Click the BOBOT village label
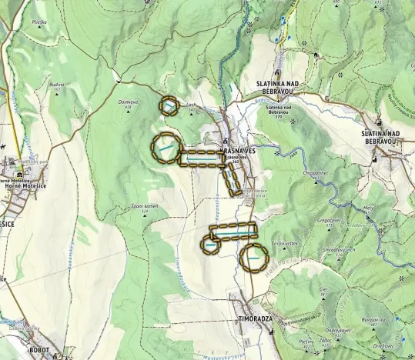pos(38,349)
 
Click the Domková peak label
pos(128,102)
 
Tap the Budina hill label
pos(57,85)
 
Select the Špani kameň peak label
pos(144,206)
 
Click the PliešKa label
pos(39,22)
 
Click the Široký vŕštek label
pos(284,243)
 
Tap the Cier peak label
pos(324,288)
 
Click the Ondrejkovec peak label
pos(337,309)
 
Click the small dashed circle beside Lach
pos(169,105)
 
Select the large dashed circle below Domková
pos(166,147)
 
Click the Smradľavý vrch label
pos(338,250)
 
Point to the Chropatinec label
pos(316,173)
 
